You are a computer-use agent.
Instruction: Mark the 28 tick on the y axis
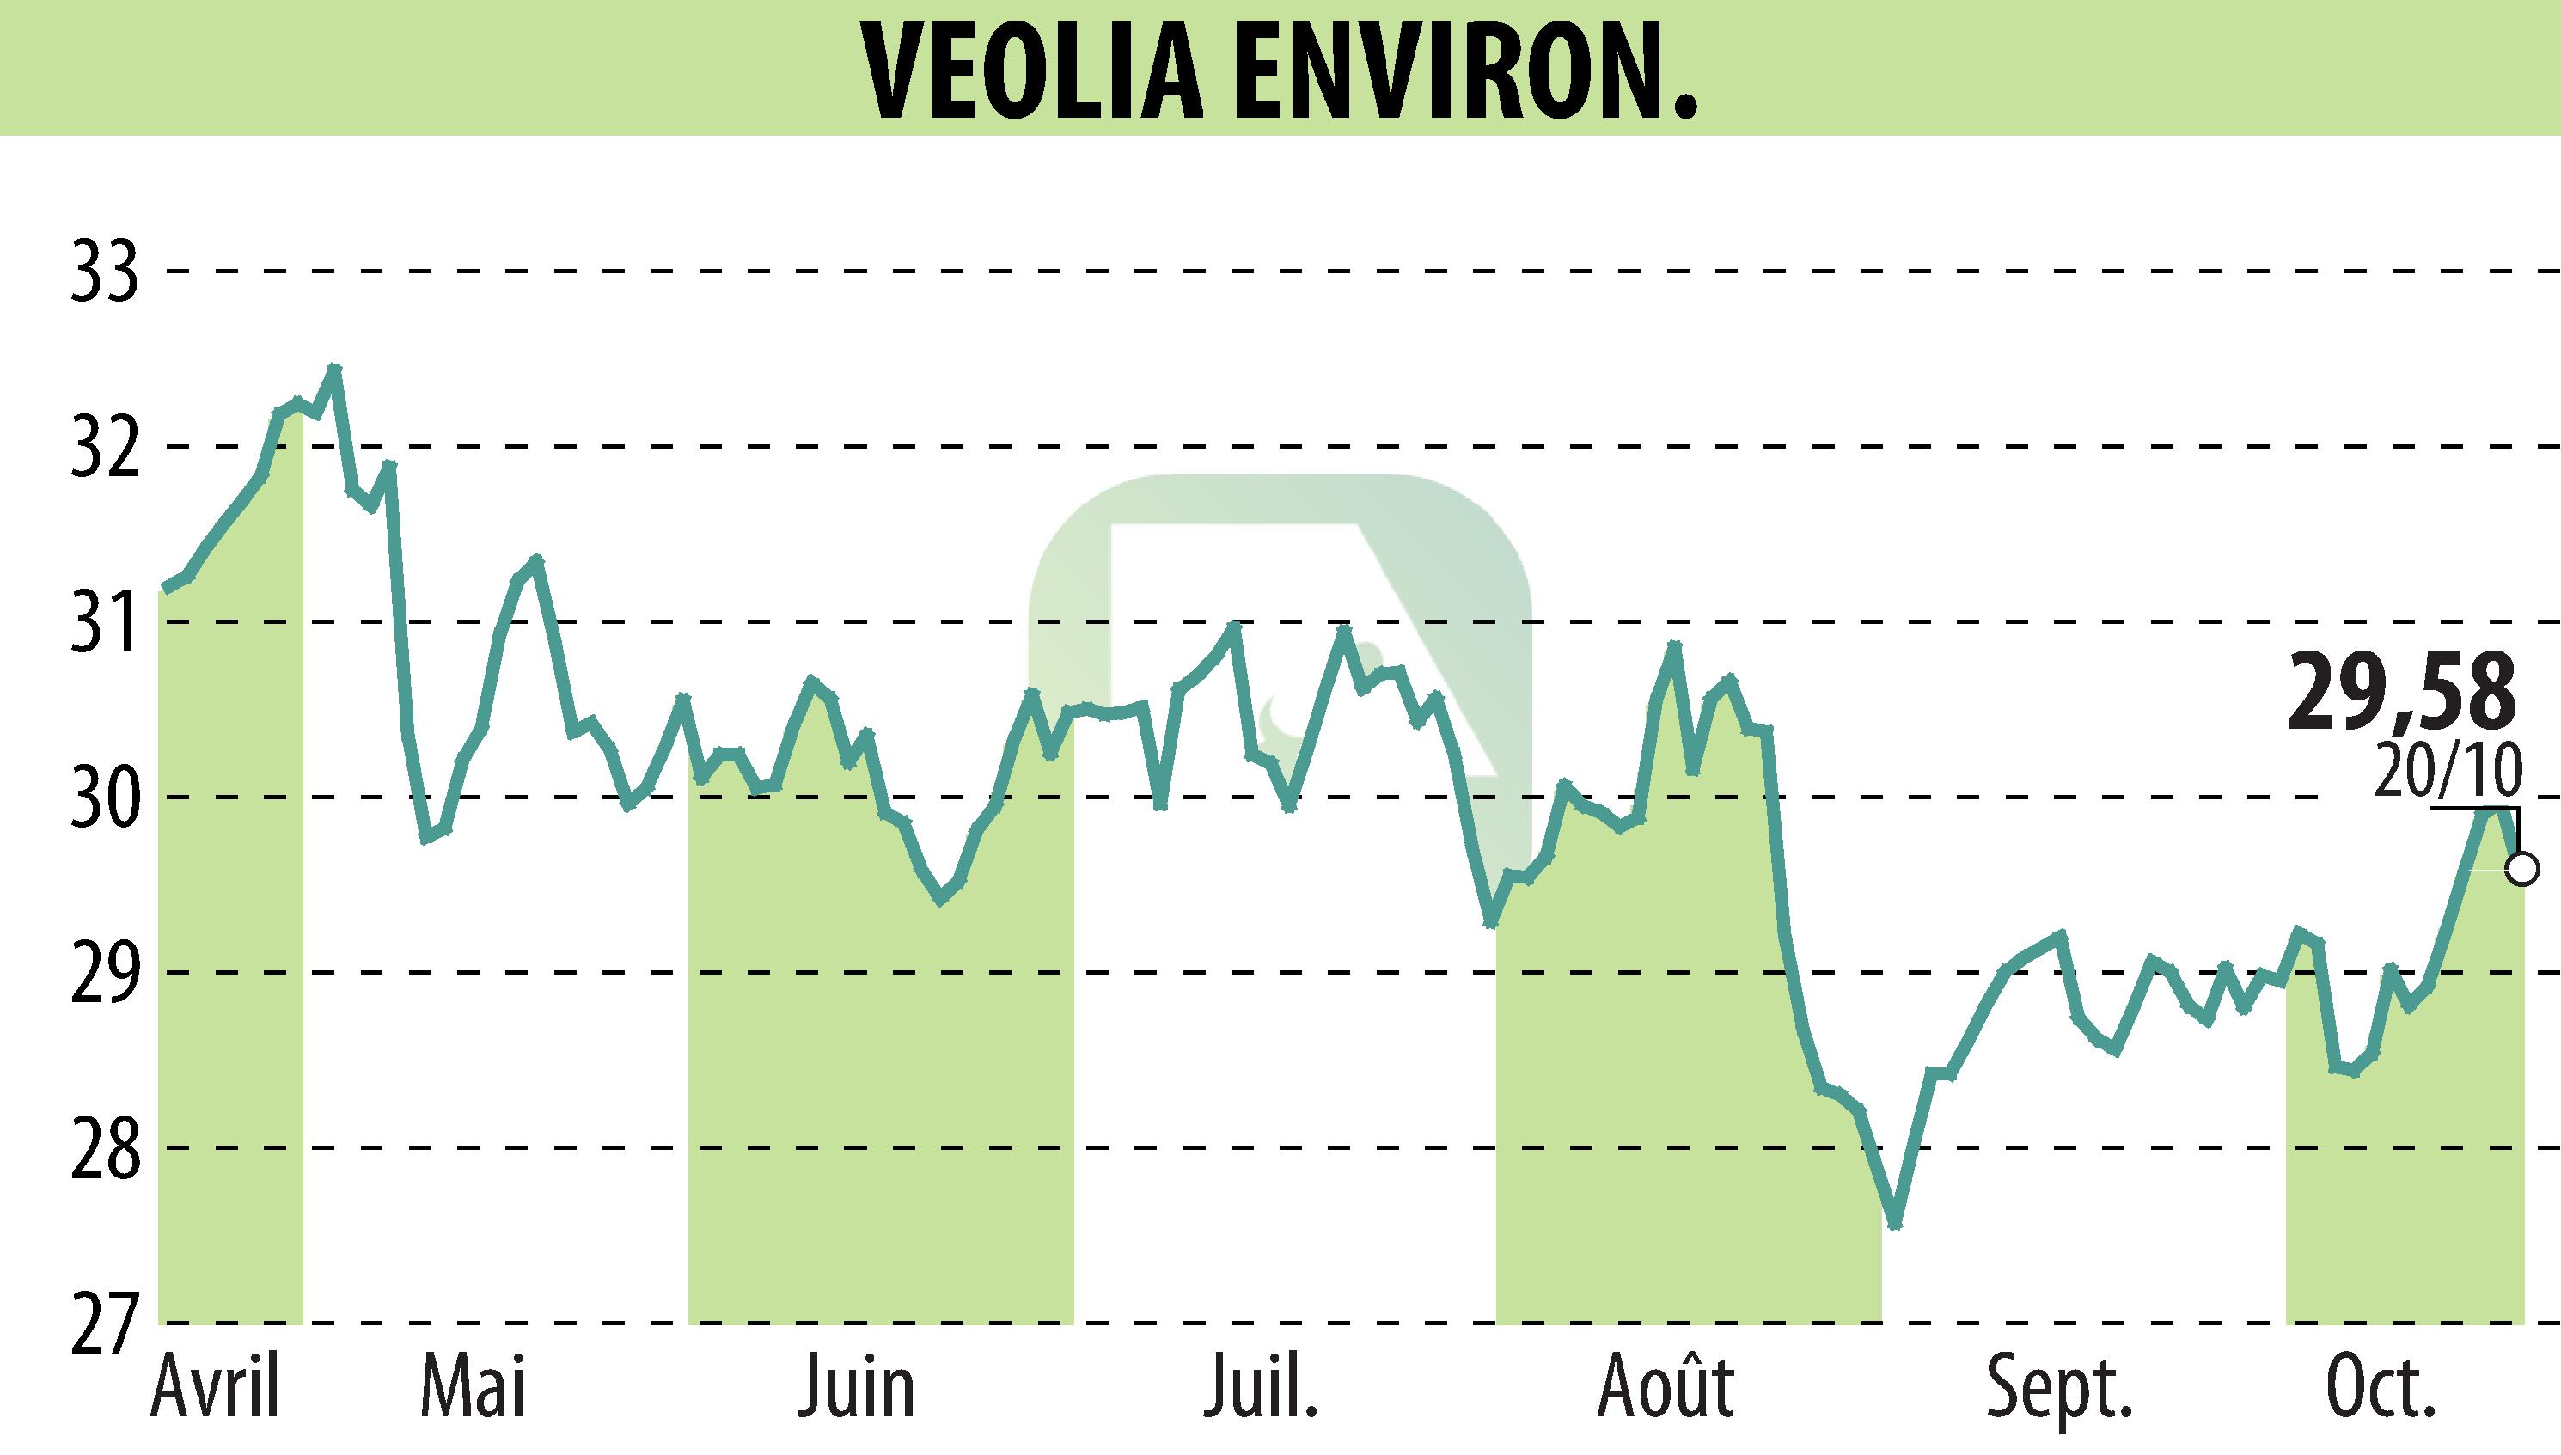coord(104,1147)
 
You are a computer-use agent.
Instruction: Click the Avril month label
coord(215,1389)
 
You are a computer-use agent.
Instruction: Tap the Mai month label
coord(473,1389)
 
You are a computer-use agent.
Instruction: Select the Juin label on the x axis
coord(856,1389)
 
